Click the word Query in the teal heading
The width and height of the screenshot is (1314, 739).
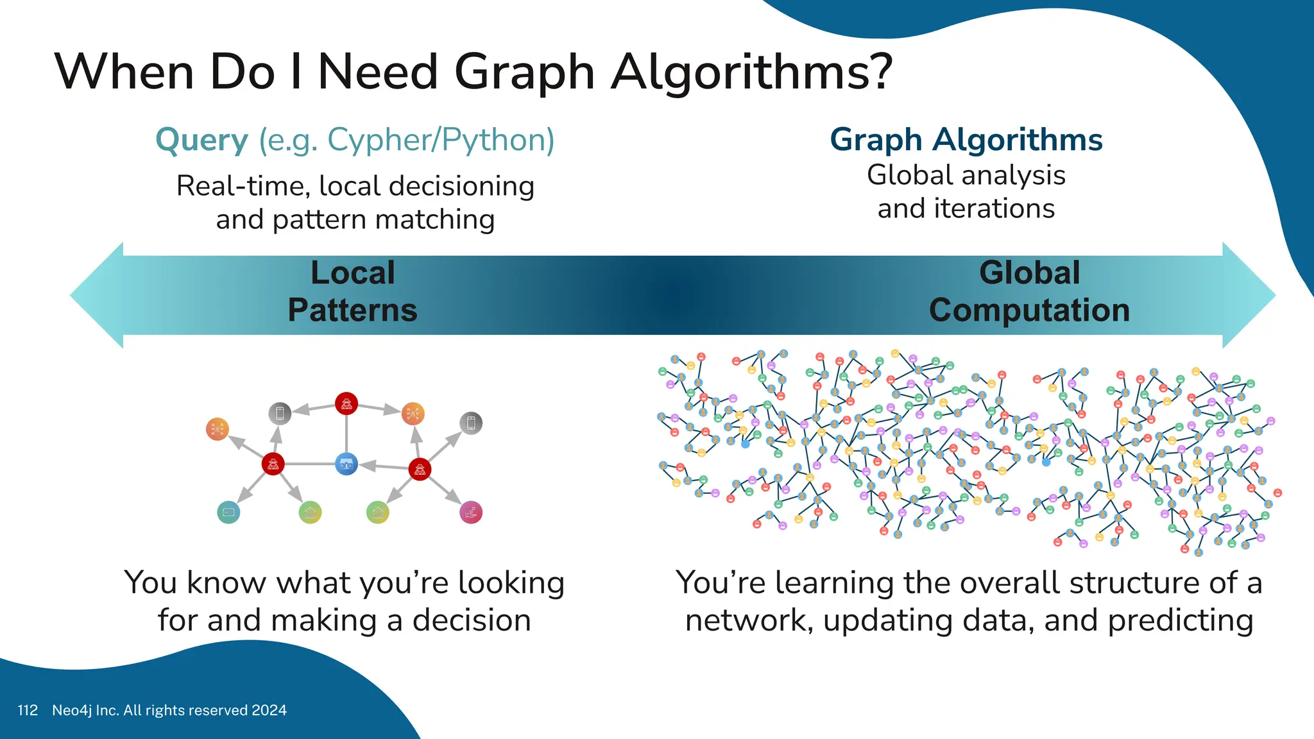pyautogui.click(x=201, y=140)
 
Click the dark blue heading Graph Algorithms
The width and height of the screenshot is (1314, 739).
pyautogui.click(x=966, y=140)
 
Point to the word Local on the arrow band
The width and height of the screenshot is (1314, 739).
pyautogui.click(x=352, y=273)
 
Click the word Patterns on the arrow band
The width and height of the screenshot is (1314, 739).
pyautogui.click(x=352, y=310)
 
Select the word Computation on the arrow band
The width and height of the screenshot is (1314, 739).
pyautogui.click(x=1029, y=310)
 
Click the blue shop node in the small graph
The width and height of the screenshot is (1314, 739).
pyautogui.click(x=346, y=463)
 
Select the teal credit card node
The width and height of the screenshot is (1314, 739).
pyautogui.click(x=228, y=512)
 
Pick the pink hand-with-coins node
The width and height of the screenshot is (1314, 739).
pyautogui.click(x=471, y=512)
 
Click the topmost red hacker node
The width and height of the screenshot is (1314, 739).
pyautogui.click(x=346, y=403)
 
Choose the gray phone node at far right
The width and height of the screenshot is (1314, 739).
pyautogui.click(x=471, y=423)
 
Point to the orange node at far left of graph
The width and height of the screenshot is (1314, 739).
pyautogui.click(x=218, y=429)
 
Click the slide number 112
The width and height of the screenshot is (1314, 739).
pyautogui.click(x=28, y=710)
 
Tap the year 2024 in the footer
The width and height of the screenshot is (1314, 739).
pyautogui.click(x=269, y=710)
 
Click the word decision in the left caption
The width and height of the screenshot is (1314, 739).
pyautogui.click(x=471, y=620)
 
